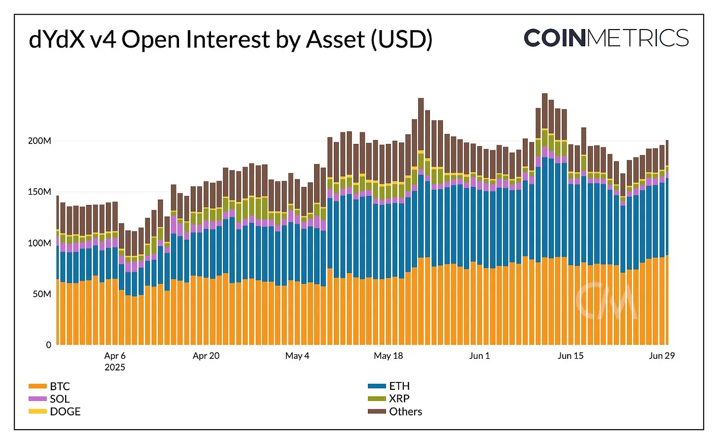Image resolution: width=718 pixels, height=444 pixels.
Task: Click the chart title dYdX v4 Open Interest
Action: click(x=230, y=39)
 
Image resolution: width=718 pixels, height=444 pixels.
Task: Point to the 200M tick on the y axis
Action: click(x=39, y=141)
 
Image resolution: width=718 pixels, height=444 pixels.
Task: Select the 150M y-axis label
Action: click(x=39, y=192)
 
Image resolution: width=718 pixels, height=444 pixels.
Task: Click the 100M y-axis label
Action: click(x=39, y=243)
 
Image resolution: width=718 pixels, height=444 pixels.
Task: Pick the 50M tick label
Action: click(x=42, y=294)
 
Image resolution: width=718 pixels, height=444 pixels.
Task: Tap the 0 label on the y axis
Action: click(x=48, y=345)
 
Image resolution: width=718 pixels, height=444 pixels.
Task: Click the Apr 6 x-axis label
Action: click(x=115, y=356)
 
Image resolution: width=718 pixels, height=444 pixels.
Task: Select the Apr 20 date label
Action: click(x=206, y=356)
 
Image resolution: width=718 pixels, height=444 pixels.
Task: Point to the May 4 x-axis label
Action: click(x=297, y=356)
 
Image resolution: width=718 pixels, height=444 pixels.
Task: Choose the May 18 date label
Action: click(x=388, y=356)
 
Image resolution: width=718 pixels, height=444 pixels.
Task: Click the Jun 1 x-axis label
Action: click(x=479, y=356)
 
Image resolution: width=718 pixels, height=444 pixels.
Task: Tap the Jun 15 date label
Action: click(x=571, y=356)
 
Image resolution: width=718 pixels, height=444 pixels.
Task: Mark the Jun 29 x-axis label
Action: click(x=661, y=356)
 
